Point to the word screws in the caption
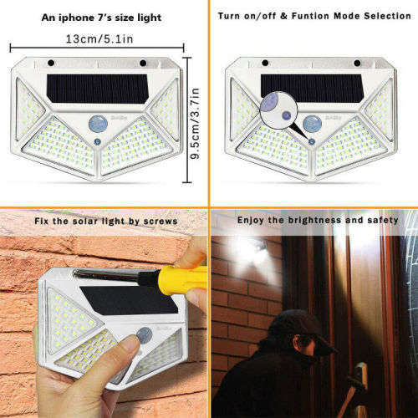(x=161, y=221)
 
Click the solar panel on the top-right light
(x=311, y=86)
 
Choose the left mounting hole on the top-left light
(x=51, y=63)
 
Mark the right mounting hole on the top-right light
(x=357, y=63)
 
